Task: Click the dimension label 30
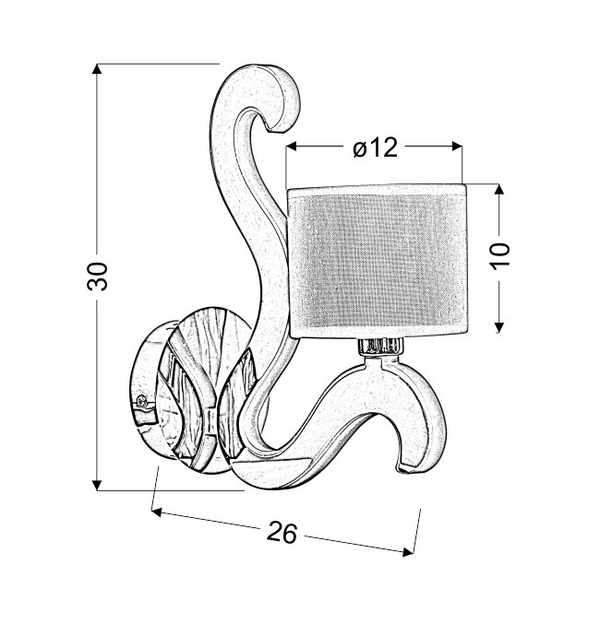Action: click(x=98, y=277)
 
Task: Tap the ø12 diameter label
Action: click(x=376, y=147)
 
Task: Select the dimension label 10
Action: click(x=500, y=256)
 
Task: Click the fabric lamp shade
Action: click(x=378, y=262)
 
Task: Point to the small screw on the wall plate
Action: click(x=140, y=401)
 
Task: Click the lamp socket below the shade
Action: click(x=380, y=346)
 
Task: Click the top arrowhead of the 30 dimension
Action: click(x=97, y=69)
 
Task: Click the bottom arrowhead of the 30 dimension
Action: click(x=97, y=485)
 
